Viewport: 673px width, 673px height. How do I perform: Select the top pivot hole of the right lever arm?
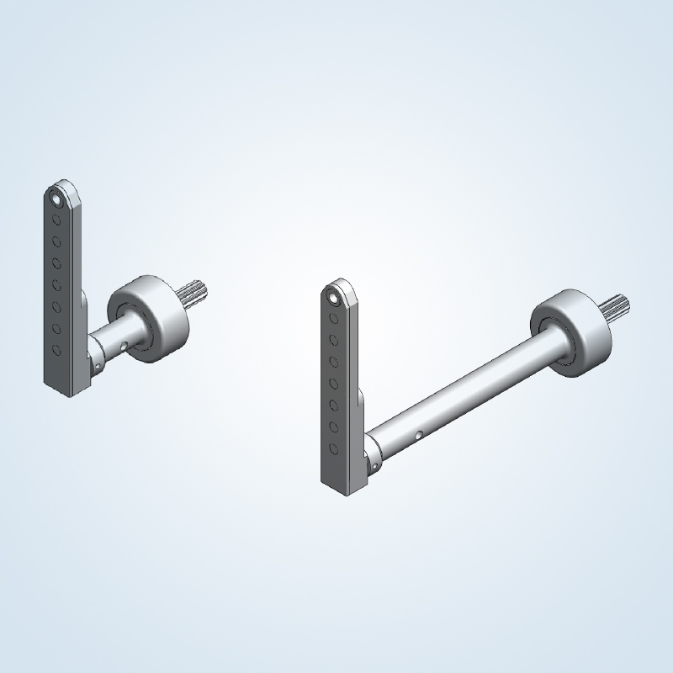tap(333, 298)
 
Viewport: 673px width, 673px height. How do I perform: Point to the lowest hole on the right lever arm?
tap(334, 448)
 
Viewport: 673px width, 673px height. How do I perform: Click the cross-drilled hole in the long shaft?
tap(417, 436)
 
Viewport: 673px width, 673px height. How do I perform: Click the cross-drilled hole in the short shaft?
tap(124, 344)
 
